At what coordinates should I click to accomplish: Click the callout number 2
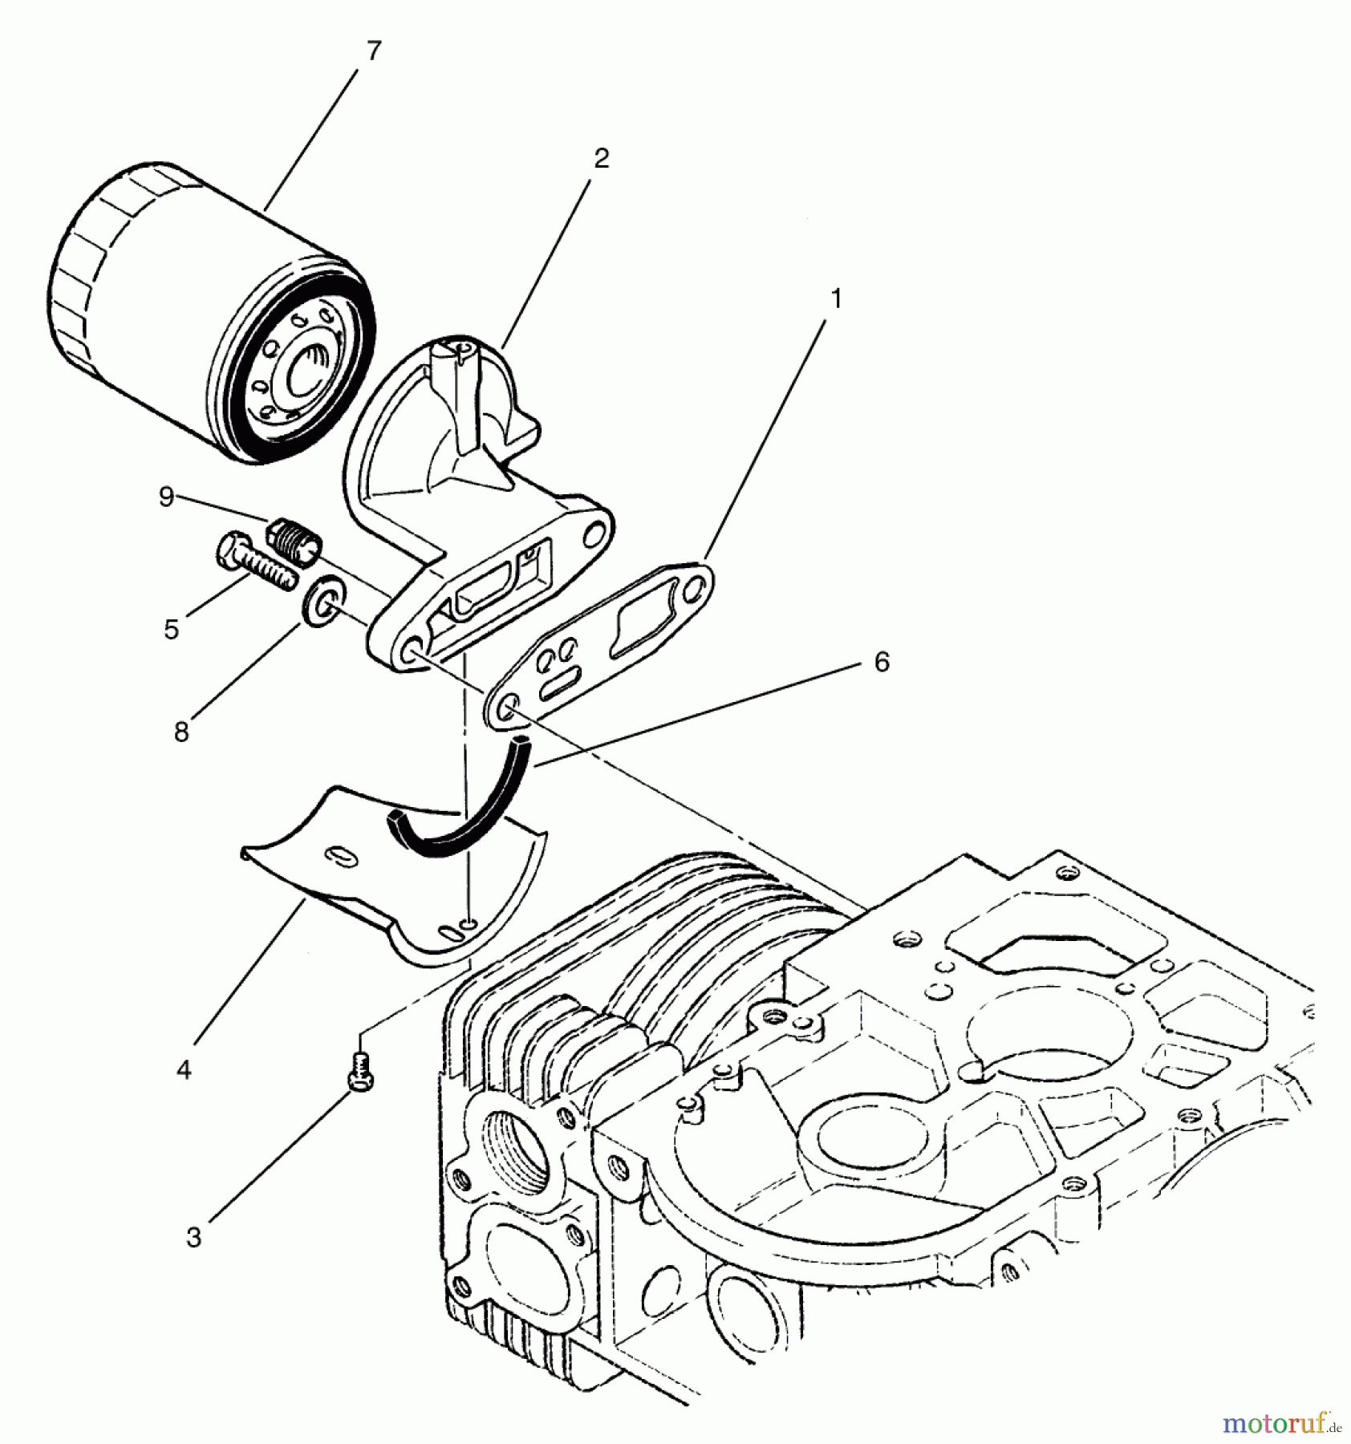(601, 158)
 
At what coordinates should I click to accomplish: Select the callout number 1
(835, 299)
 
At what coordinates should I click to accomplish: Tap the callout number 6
(881, 662)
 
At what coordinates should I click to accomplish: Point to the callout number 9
(166, 497)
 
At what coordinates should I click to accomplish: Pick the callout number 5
(171, 630)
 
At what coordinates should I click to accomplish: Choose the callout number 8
(181, 731)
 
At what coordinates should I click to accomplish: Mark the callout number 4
(184, 1069)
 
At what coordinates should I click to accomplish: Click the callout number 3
(193, 1238)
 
